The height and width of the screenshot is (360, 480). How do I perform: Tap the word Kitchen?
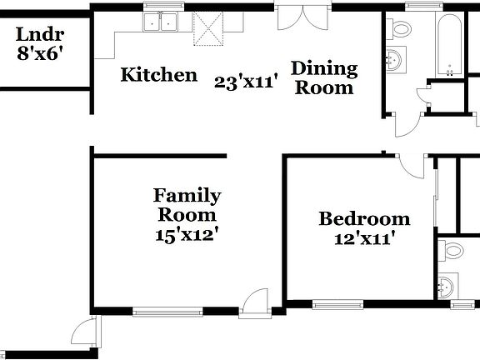tap(159, 75)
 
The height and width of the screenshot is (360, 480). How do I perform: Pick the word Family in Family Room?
tap(187, 196)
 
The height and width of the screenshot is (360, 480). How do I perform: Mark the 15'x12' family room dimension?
tap(187, 235)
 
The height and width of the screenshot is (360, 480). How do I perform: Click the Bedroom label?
tap(364, 219)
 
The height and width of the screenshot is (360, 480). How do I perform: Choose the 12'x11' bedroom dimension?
tap(364, 238)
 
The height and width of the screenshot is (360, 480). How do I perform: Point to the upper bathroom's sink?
tap(395, 60)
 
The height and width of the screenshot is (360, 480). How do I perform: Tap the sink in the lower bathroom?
tap(447, 287)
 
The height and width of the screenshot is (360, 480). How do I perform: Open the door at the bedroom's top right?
tap(411, 166)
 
